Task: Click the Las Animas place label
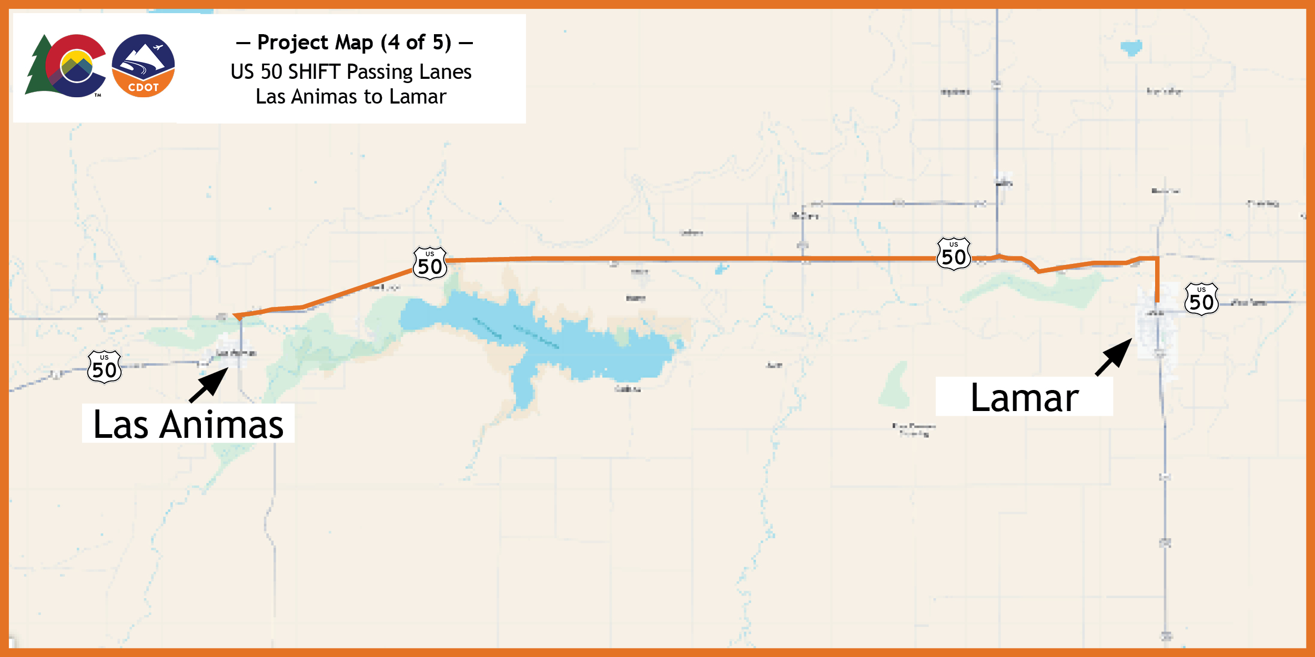coord(188,424)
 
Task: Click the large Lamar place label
coord(1024,398)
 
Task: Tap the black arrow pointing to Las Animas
coord(209,385)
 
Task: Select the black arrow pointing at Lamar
coord(1114,357)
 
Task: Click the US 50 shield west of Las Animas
coord(104,367)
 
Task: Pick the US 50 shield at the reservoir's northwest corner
coord(430,263)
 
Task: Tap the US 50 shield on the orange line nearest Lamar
coord(954,254)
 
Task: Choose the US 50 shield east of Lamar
coord(1201,299)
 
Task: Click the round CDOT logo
coord(143,66)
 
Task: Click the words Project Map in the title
coord(315,43)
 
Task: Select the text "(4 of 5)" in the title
coord(416,43)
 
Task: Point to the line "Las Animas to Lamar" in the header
coord(351,97)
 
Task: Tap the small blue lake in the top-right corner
coord(1131,48)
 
